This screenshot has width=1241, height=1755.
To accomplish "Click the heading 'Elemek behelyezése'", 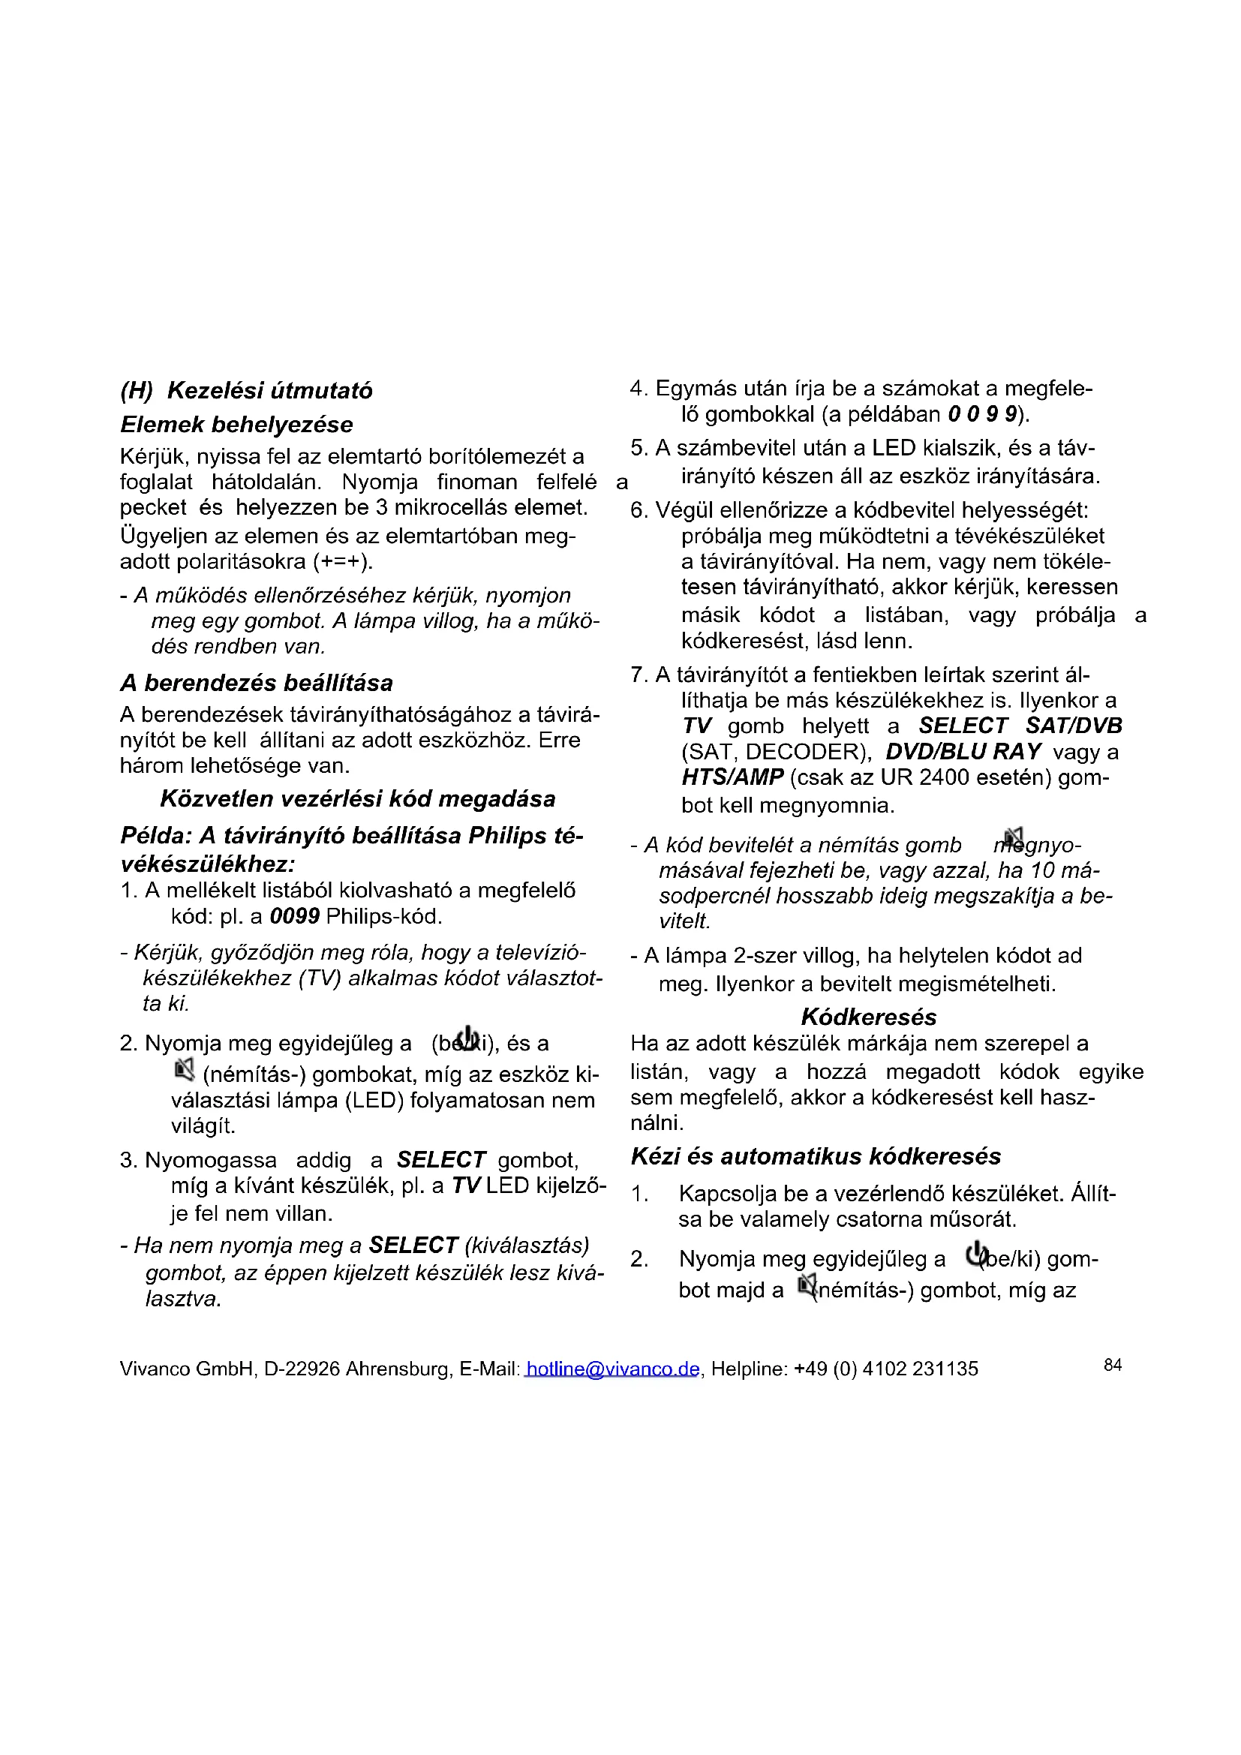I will tap(236, 424).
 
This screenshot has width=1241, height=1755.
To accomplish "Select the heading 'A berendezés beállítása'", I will tap(256, 682).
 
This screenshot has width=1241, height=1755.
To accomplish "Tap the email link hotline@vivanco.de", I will tap(612, 1369).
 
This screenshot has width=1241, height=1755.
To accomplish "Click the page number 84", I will tap(1113, 1364).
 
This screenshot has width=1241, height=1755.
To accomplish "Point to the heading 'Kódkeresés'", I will tap(868, 1017).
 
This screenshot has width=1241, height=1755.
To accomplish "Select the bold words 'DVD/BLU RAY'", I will tap(963, 751).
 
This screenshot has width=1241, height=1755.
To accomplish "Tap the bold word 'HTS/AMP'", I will tap(732, 777).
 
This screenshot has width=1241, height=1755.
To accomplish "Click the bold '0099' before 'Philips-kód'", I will tap(295, 915).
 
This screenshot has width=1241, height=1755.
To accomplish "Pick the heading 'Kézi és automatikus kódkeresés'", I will tap(816, 1155).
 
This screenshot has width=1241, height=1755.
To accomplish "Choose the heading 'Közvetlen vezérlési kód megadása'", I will tap(358, 799).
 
